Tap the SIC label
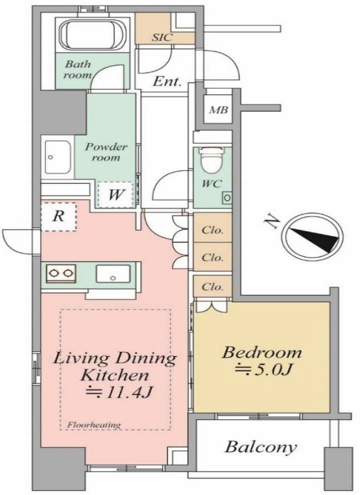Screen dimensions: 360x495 click(x=162, y=37)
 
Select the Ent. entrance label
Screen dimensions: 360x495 click(x=167, y=82)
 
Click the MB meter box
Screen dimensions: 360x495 click(x=218, y=110)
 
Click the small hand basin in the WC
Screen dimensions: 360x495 click(x=228, y=198)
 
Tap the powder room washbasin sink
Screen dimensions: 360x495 click(x=58, y=157)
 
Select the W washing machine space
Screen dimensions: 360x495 click(x=116, y=195)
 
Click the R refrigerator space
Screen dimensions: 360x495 click(x=59, y=217)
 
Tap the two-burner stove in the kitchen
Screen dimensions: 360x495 click(x=61, y=274)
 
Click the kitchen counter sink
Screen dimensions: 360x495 click(x=113, y=274)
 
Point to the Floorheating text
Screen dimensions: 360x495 click(x=94, y=425)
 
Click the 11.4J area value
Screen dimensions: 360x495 click(x=120, y=393)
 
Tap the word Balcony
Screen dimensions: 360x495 click(x=261, y=447)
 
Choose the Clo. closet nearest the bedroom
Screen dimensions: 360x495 click(x=212, y=287)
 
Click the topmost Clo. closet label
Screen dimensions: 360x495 click(x=212, y=230)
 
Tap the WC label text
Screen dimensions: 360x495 click(x=212, y=183)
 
